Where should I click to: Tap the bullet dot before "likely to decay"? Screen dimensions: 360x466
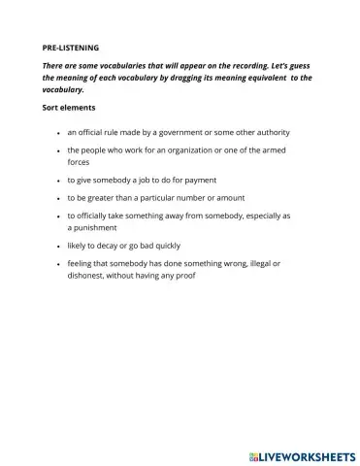pyautogui.click(x=59, y=246)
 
